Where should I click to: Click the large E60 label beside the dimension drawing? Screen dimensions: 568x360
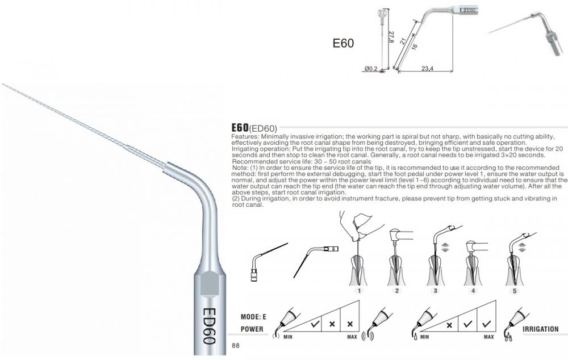(x=343, y=43)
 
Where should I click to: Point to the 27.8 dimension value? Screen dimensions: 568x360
(x=391, y=37)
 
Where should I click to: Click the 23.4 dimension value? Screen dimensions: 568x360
(x=428, y=68)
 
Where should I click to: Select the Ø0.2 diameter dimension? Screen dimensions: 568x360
(x=371, y=68)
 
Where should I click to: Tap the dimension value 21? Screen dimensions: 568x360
(x=403, y=41)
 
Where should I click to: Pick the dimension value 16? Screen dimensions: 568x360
(x=415, y=46)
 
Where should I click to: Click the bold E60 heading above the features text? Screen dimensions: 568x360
(x=240, y=128)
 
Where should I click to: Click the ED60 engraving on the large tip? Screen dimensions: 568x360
(x=210, y=326)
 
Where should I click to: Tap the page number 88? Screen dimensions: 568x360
(x=236, y=345)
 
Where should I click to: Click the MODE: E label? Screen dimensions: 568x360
(x=253, y=317)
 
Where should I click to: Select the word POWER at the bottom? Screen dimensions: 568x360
(x=252, y=329)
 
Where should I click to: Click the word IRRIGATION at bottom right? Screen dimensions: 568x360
(x=541, y=329)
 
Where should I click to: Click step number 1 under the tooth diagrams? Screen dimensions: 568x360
(x=359, y=291)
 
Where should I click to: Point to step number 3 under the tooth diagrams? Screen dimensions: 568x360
(x=435, y=291)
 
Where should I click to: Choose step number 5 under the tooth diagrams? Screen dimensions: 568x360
(x=515, y=291)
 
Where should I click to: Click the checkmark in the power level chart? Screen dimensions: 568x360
(x=315, y=324)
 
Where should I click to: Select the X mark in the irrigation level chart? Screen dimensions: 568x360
(x=449, y=325)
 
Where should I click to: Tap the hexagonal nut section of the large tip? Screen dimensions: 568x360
(x=210, y=283)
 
